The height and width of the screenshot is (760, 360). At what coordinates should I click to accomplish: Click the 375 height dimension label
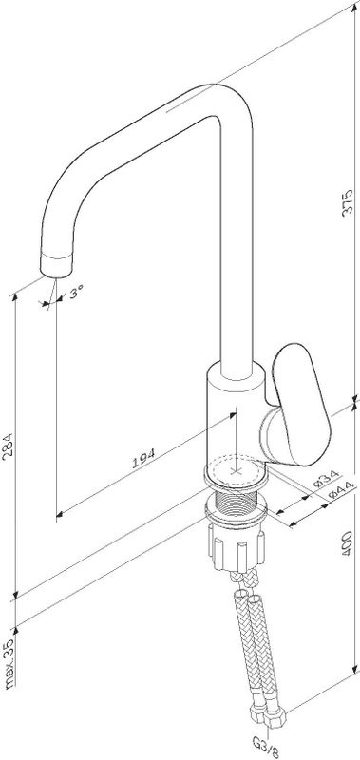(x=348, y=202)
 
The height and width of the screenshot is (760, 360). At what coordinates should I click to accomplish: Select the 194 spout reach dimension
(x=143, y=458)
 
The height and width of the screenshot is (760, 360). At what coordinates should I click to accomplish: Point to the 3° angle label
(x=76, y=293)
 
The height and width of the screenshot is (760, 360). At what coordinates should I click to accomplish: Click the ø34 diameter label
(x=326, y=479)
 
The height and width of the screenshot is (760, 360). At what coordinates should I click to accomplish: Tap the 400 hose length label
(x=347, y=542)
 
